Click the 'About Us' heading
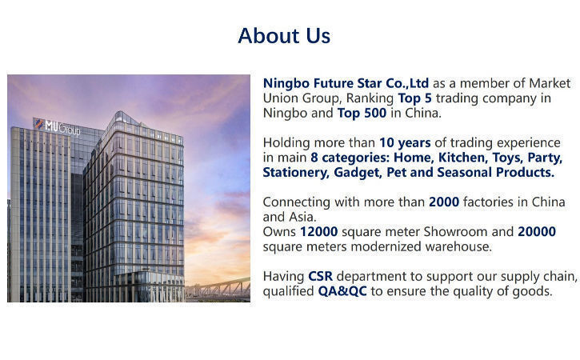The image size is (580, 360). [284, 35]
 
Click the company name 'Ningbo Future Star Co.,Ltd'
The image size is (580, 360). [346, 83]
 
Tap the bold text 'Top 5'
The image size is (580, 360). [414, 98]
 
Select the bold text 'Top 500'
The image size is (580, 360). [362, 113]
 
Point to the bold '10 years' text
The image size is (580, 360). [405, 143]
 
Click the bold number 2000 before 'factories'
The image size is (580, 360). [444, 202]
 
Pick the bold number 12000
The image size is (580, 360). [319, 232]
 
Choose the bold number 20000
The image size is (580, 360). [537, 232]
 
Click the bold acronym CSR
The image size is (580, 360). [320, 276]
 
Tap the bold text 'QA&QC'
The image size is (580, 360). [342, 291]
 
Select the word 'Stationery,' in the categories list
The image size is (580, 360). [296, 173]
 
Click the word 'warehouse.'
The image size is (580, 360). [458, 246]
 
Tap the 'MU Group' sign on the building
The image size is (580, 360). [58, 126]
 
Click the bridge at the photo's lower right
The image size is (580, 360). [218, 289]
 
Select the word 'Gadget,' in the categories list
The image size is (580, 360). [358, 173]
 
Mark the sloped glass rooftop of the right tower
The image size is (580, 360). [126, 118]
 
